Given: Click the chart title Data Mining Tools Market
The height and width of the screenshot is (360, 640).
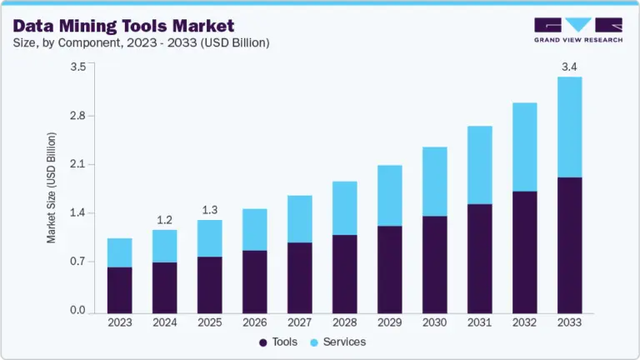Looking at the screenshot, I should [x=122, y=26].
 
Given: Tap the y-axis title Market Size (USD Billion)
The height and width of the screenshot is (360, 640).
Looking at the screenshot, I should [x=52, y=187].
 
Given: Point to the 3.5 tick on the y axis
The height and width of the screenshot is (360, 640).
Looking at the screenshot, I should [x=77, y=67].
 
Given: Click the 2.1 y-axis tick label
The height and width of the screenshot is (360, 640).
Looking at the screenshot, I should [x=77, y=164].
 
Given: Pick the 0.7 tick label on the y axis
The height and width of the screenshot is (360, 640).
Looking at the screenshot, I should [x=77, y=262].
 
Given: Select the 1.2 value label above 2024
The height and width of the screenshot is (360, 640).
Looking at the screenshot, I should [x=165, y=220].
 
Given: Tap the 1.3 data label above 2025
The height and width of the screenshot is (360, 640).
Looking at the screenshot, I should [x=210, y=210].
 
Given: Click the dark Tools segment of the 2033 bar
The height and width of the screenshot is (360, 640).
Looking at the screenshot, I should [x=569, y=245].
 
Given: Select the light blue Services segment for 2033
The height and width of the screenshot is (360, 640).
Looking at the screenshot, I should [x=569, y=127].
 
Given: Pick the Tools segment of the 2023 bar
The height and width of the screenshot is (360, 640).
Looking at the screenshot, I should [x=120, y=289].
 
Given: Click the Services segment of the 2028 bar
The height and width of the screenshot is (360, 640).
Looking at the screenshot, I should [x=344, y=207].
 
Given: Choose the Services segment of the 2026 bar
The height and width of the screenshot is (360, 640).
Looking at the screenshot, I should [x=255, y=229].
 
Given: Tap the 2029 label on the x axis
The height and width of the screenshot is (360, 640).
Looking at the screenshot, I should [x=389, y=322].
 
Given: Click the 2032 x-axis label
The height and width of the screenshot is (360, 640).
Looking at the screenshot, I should [x=524, y=322].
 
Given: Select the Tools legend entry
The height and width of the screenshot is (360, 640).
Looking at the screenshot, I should [x=277, y=342].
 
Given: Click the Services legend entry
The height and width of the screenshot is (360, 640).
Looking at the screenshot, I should [x=337, y=342].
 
